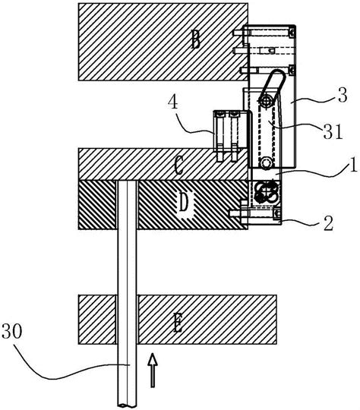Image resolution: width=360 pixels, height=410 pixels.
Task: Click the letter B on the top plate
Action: pyautogui.click(x=196, y=39)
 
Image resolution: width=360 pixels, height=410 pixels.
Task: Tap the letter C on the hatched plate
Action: pyautogui.click(x=179, y=166)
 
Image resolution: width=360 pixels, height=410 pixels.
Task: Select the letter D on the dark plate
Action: pyautogui.click(x=184, y=202)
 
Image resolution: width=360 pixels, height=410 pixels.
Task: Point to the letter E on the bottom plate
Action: pyautogui.click(x=178, y=323)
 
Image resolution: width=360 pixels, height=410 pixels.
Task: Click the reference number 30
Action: pyautogui.click(x=12, y=331)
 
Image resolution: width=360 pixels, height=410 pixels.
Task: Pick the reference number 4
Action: pyautogui.click(x=173, y=102)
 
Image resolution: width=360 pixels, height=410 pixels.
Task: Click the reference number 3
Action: pyautogui.click(x=343, y=95)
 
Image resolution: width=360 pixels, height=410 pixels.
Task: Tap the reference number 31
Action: pyautogui.click(x=333, y=131)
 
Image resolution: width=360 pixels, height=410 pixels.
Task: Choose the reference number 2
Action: pyautogui.click(x=329, y=223)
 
